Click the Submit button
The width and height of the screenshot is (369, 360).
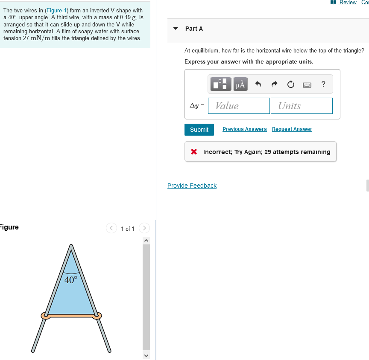tap(199, 130)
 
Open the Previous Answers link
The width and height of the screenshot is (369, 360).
tap(244, 129)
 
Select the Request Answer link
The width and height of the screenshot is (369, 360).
tap(292, 129)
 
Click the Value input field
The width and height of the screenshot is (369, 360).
tap(239, 106)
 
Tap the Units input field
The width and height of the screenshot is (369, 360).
tap(301, 106)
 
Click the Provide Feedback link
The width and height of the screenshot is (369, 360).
tap(192, 186)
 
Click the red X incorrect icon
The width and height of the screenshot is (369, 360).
tap(194, 152)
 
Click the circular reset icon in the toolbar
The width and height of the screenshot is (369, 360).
tap(290, 84)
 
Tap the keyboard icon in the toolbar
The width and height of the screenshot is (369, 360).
tap(307, 84)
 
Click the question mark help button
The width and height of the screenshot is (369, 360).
tap(323, 84)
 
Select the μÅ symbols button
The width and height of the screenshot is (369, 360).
tap(240, 84)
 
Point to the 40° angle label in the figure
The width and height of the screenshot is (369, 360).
tap(71, 280)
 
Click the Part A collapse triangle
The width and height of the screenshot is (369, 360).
tap(175, 29)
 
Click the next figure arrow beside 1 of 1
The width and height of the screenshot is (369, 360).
tap(144, 229)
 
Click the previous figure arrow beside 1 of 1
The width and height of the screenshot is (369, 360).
tap(111, 229)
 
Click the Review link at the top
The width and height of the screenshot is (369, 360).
tap(347, 3)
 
